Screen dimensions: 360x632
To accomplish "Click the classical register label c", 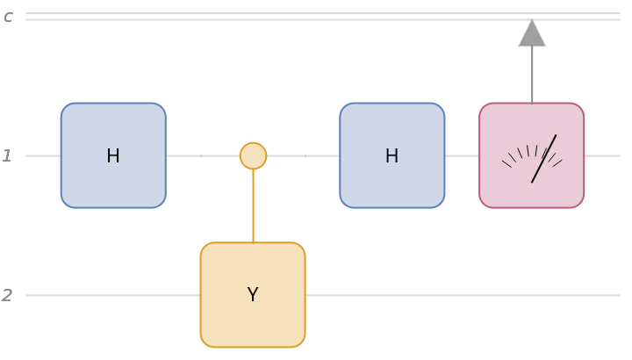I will [8, 17].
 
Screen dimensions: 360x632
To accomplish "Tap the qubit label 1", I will [7, 156].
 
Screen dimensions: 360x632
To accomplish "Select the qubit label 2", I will [7, 296].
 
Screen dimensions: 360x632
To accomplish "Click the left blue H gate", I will [113, 155].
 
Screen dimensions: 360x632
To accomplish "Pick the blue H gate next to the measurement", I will [392, 155].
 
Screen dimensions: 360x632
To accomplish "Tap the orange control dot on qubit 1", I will [253, 155].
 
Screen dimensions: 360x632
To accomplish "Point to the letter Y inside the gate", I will [253, 295].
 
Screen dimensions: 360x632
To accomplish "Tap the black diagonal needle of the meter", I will [544, 158].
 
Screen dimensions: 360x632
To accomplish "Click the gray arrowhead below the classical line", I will [532, 34].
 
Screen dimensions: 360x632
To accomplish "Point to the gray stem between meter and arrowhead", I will [532, 75].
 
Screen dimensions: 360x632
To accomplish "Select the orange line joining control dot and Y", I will [253, 205].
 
